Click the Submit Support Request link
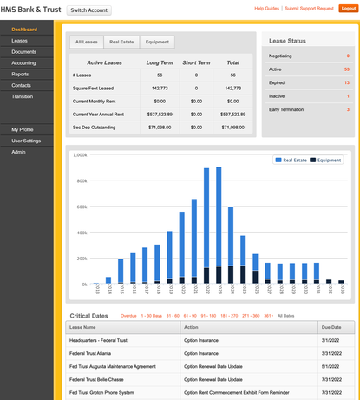tap(310, 8)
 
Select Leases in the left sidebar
tap(20, 41)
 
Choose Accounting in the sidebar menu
tap(24, 62)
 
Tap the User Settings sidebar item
tap(26, 141)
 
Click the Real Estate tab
tap(121, 41)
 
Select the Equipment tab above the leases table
tap(157, 41)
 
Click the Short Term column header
tap(196, 62)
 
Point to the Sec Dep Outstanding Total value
tap(232, 127)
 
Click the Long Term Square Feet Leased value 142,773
tap(160, 88)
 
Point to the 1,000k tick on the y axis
tap(80, 155)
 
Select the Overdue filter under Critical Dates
tap(128, 316)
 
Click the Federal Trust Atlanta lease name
tap(95, 353)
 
